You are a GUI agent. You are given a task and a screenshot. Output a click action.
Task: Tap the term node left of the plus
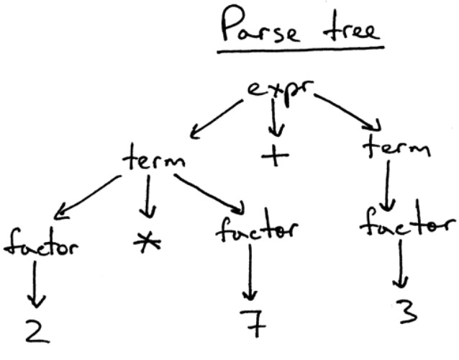click(x=153, y=156)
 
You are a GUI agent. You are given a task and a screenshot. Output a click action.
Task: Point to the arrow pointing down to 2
click(x=32, y=285)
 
